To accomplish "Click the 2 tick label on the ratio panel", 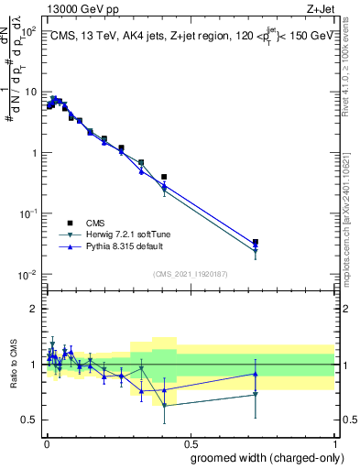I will click(x=33, y=309).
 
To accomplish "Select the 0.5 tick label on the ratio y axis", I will click(x=28, y=420).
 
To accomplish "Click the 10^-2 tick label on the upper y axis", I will click(x=28, y=275).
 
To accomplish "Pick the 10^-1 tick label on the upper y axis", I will click(x=28, y=213).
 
